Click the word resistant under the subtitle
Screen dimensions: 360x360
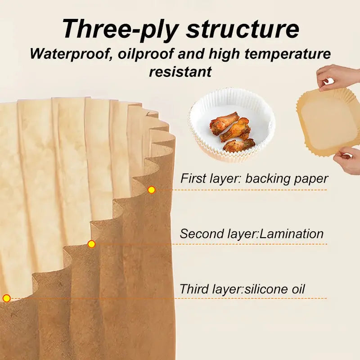[180, 71]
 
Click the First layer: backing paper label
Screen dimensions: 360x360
[254, 178]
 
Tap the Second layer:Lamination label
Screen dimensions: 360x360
[252, 234]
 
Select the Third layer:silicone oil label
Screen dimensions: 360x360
[242, 289]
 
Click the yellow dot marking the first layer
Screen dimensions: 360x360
[152, 190]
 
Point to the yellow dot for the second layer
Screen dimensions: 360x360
[91, 244]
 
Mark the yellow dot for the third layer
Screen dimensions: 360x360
[6, 298]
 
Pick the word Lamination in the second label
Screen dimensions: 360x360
[292, 234]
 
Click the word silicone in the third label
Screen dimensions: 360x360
[265, 289]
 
